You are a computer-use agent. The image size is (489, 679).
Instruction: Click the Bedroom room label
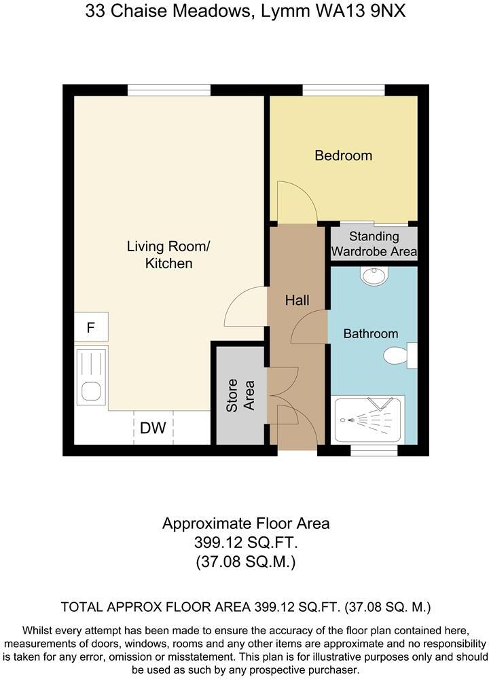(x=343, y=155)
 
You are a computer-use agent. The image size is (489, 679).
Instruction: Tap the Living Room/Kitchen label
(x=169, y=254)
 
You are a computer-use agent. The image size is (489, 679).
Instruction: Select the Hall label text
(x=297, y=300)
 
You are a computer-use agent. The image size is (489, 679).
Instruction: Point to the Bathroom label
(x=370, y=333)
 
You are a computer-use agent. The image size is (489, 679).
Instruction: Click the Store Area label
(x=240, y=394)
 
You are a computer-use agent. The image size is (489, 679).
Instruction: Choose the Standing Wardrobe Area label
(x=374, y=244)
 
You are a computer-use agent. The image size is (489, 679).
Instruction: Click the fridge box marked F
(x=90, y=329)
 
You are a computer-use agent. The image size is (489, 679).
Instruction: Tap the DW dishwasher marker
(x=153, y=428)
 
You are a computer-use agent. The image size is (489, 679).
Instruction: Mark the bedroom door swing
(x=297, y=202)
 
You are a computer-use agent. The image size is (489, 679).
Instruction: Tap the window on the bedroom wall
(x=344, y=90)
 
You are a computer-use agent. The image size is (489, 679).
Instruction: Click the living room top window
(x=169, y=90)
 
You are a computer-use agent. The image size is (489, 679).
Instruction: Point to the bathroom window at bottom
(x=374, y=450)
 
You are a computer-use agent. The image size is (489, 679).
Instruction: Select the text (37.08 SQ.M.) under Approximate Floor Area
(x=245, y=562)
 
